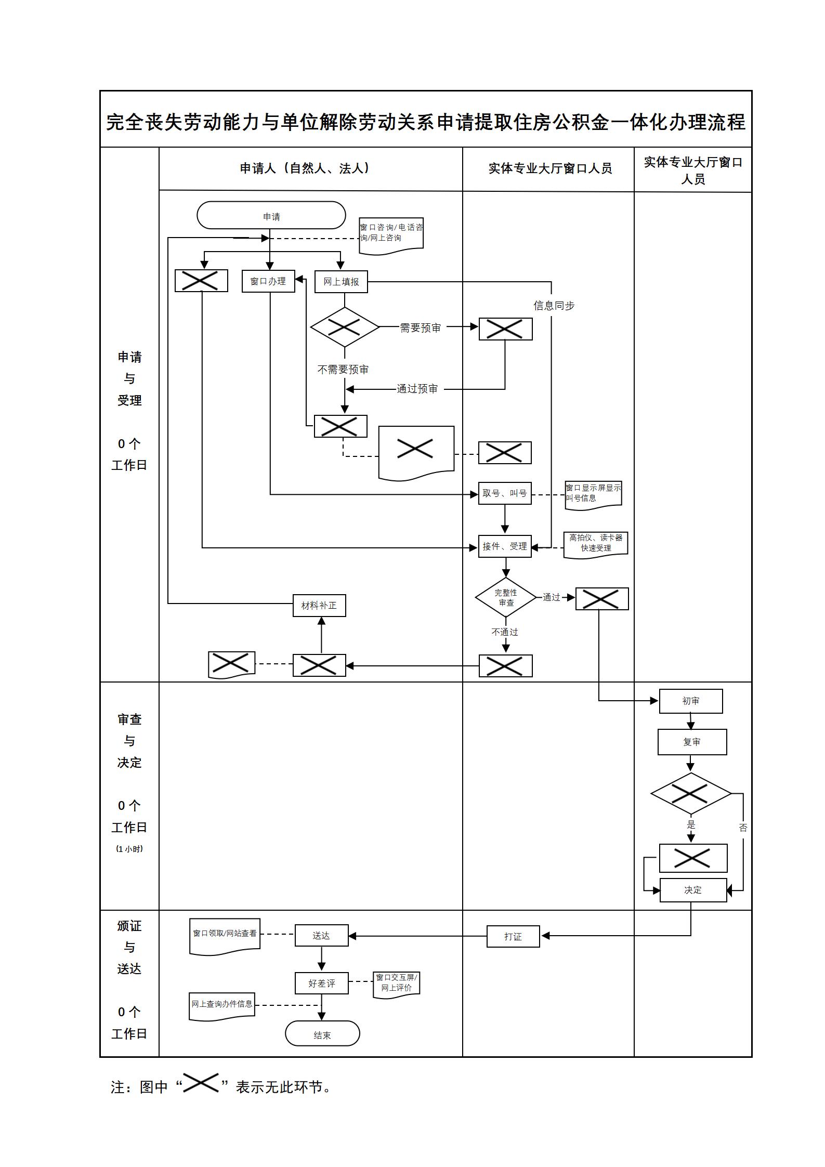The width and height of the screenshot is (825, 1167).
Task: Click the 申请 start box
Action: click(x=271, y=216)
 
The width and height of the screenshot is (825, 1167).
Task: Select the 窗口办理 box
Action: click(x=268, y=281)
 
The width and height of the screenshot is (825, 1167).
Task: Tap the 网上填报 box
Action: click(x=341, y=282)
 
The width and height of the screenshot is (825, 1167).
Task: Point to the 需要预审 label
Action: click(x=420, y=327)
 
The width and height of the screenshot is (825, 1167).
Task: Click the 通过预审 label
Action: click(x=417, y=389)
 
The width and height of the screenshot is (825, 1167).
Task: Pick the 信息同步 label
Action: click(x=554, y=306)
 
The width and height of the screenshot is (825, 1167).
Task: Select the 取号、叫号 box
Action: click(x=504, y=493)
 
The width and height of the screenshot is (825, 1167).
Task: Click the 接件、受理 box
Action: click(x=504, y=546)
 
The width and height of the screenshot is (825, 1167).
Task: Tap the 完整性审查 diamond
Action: click(x=505, y=597)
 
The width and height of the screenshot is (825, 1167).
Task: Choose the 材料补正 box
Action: click(x=319, y=606)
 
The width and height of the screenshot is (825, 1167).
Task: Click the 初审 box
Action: click(x=690, y=701)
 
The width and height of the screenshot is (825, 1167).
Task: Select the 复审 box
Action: click(x=691, y=742)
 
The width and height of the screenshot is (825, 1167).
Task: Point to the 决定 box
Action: click(x=692, y=890)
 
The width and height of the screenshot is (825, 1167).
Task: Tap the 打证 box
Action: click(x=513, y=937)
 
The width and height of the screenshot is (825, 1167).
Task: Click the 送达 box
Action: click(x=321, y=936)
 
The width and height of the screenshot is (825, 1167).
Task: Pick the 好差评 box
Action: click(x=321, y=984)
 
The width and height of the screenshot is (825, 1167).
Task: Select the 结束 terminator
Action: click(x=322, y=1035)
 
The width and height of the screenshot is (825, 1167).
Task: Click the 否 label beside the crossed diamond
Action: click(x=743, y=828)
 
